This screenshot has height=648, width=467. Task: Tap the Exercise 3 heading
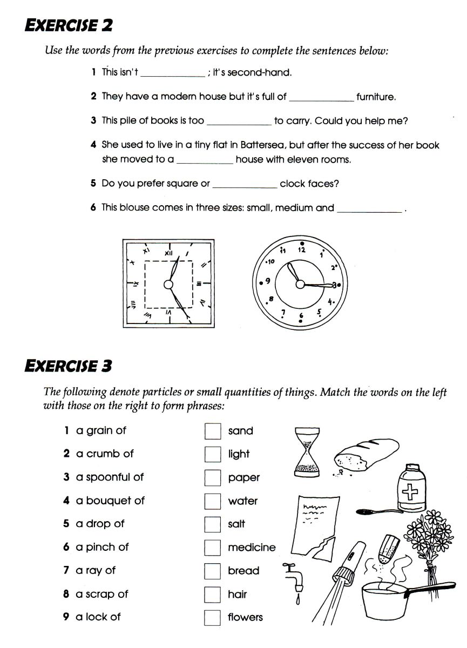(x=69, y=366)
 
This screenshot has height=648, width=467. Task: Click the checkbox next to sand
(x=213, y=431)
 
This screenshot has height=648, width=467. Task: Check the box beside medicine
(x=213, y=548)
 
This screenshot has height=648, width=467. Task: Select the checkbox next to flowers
(x=213, y=617)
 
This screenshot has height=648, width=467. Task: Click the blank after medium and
(x=370, y=208)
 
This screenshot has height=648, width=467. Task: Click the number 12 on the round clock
(x=301, y=250)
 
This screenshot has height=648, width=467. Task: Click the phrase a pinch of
(x=102, y=547)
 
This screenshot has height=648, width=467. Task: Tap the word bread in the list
(x=243, y=571)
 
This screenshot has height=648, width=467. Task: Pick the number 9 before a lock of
(x=66, y=617)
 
